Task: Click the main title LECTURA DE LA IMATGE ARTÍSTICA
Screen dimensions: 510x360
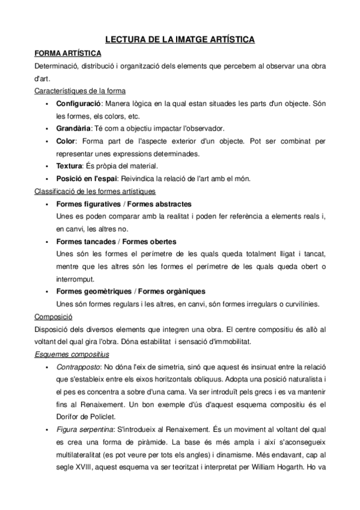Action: (180, 40)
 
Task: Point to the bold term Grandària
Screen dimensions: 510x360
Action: (73, 128)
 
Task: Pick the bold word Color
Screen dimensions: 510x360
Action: (66, 141)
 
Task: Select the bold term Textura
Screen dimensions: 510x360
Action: (69, 165)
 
